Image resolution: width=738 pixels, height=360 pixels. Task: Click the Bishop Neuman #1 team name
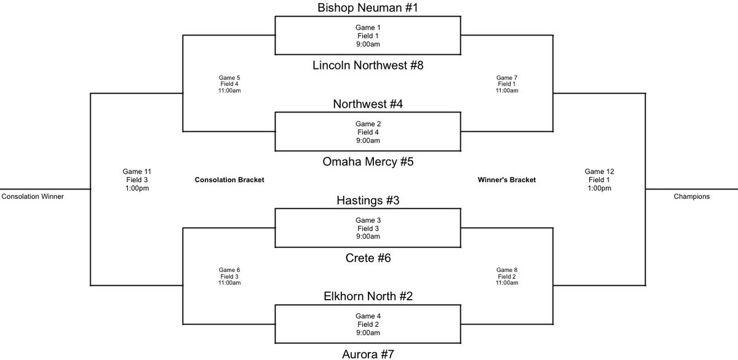point(367,8)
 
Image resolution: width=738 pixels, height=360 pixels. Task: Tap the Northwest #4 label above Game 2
point(367,104)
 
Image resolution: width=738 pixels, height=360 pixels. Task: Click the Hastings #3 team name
point(367,201)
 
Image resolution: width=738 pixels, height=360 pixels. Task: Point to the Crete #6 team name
point(367,258)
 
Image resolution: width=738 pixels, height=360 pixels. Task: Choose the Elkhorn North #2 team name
point(367,297)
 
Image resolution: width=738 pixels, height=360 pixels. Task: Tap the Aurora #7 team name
point(367,353)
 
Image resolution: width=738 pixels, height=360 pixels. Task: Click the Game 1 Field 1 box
point(367,36)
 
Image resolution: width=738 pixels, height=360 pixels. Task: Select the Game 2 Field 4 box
point(367,132)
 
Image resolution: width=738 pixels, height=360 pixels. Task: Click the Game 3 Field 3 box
point(367,228)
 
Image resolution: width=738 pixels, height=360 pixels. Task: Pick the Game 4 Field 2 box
point(367,324)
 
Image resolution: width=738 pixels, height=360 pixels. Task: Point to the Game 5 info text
point(229,84)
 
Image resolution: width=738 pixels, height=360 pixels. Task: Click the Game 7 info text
point(507,84)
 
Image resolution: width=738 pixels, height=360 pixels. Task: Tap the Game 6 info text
point(229,276)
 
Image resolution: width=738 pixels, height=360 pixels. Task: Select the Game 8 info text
point(507,276)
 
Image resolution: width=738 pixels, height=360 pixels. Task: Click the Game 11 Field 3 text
point(136,180)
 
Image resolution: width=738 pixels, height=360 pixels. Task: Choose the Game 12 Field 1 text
point(598,180)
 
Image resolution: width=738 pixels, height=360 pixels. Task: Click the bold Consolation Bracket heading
point(229,180)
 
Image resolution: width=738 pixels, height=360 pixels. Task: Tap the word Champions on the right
point(691,197)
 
